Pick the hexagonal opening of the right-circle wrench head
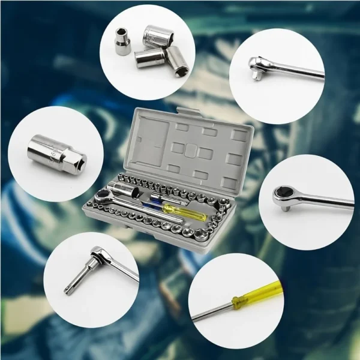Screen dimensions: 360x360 click(x=282, y=193)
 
